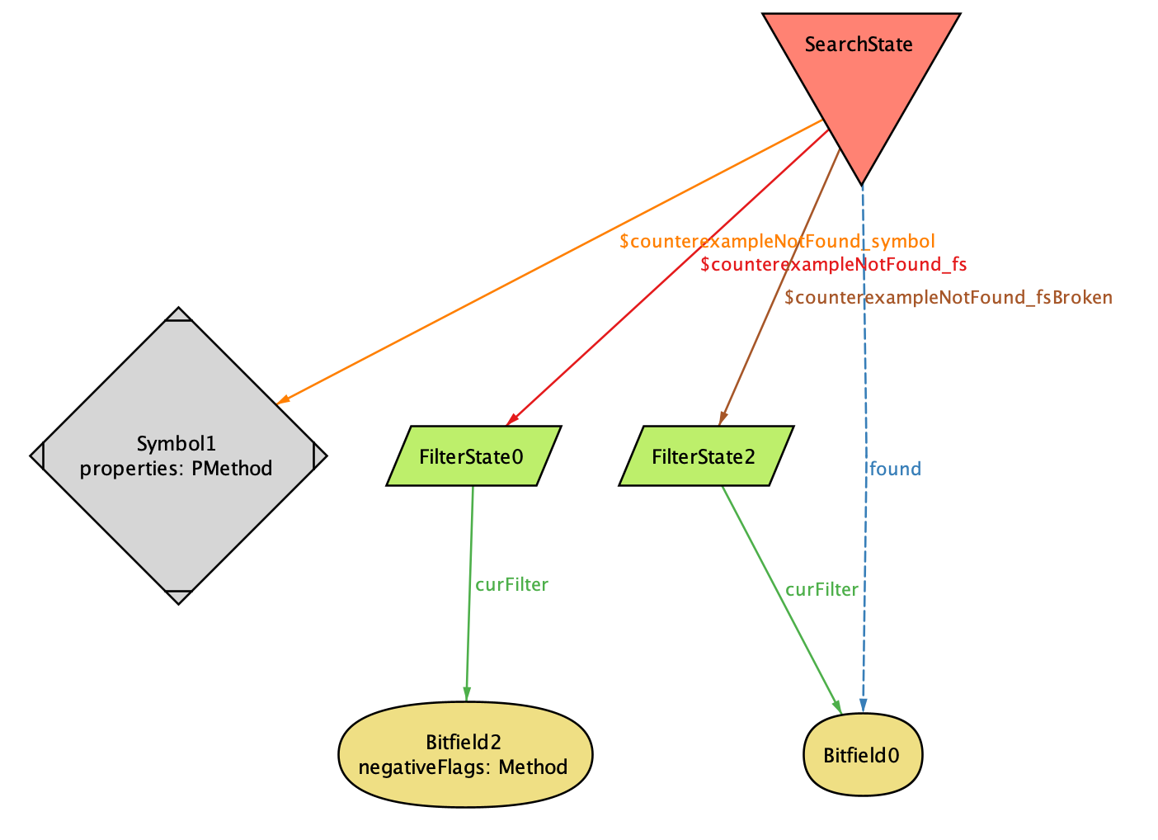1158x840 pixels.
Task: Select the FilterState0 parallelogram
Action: click(x=473, y=456)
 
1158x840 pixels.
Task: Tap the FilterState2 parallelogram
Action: click(x=706, y=456)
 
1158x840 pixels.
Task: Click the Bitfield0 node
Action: click(x=862, y=755)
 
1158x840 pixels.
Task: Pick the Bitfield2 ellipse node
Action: click(x=465, y=753)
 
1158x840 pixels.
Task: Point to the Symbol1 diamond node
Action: click(x=178, y=455)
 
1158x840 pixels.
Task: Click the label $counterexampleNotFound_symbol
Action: click(x=777, y=242)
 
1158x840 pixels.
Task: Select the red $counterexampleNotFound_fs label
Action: click(x=833, y=265)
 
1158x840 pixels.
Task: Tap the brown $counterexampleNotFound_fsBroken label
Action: click(x=949, y=298)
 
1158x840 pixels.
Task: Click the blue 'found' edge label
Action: click(x=895, y=470)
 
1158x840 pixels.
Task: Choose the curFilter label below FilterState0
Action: click(x=511, y=585)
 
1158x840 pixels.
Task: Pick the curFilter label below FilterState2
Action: click(x=821, y=590)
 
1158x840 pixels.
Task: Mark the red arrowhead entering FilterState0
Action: click(x=512, y=420)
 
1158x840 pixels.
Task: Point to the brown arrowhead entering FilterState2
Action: click(x=722, y=418)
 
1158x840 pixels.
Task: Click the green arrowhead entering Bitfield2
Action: click(x=466, y=695)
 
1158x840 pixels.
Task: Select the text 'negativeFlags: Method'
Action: click(x=463, y=767)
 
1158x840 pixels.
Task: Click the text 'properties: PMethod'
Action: click(x=177, y=469)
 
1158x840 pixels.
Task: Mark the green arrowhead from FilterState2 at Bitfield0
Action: click(x=837, y=707)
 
